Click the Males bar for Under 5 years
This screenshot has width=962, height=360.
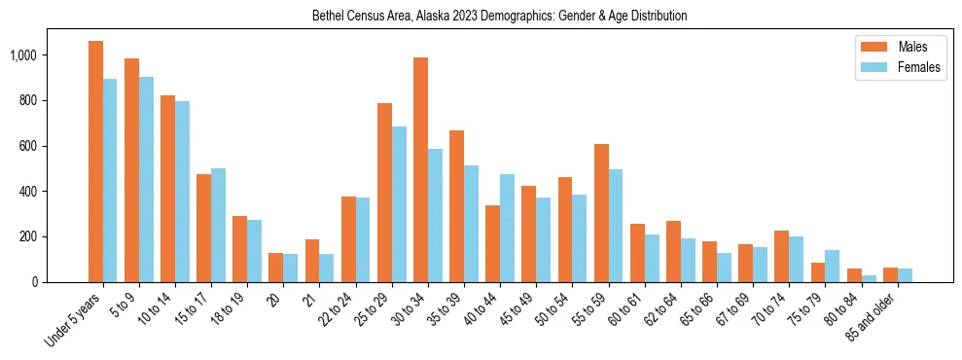coord(95,162)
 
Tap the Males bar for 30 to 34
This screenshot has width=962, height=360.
coord(420,169)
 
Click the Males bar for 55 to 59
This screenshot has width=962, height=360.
coord(601,213)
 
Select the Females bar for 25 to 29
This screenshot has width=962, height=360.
coord(399,204)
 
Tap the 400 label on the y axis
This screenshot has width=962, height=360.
coord(29,192)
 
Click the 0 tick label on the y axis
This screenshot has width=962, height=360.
coord(35,282)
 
